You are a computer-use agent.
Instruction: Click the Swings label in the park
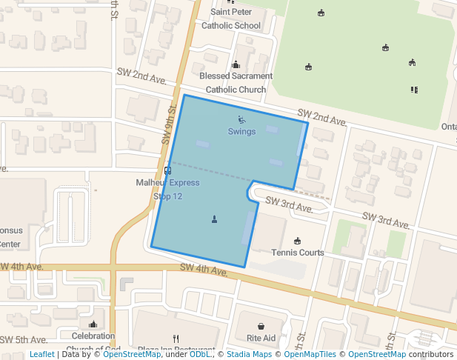point(241,132)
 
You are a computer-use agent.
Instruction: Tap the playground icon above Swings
point(241,119)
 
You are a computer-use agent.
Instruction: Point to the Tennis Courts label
point(298,253)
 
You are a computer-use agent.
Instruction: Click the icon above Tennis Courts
point(298,241)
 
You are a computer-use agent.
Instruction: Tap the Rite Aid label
point(261,338)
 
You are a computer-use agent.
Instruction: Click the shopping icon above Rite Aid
point(261,326)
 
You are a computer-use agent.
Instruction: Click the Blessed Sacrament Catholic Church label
point(236,83)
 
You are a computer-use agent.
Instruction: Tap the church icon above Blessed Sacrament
point(236,64)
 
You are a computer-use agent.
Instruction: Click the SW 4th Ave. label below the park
point(204,271)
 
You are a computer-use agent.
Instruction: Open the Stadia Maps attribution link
point(249,355)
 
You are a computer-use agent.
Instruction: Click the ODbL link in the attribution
point(199,355)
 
